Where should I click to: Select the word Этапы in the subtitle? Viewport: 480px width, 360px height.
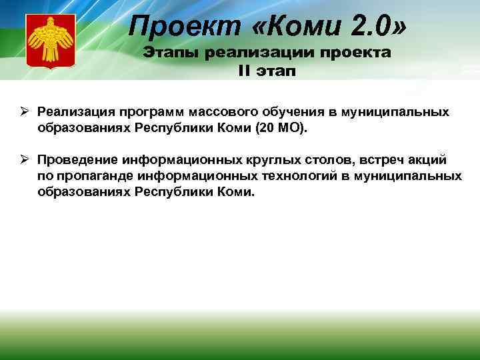point(175,53)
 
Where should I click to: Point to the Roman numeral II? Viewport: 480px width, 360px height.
point(243,70)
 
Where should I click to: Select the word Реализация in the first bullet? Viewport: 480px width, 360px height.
point(71,111)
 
